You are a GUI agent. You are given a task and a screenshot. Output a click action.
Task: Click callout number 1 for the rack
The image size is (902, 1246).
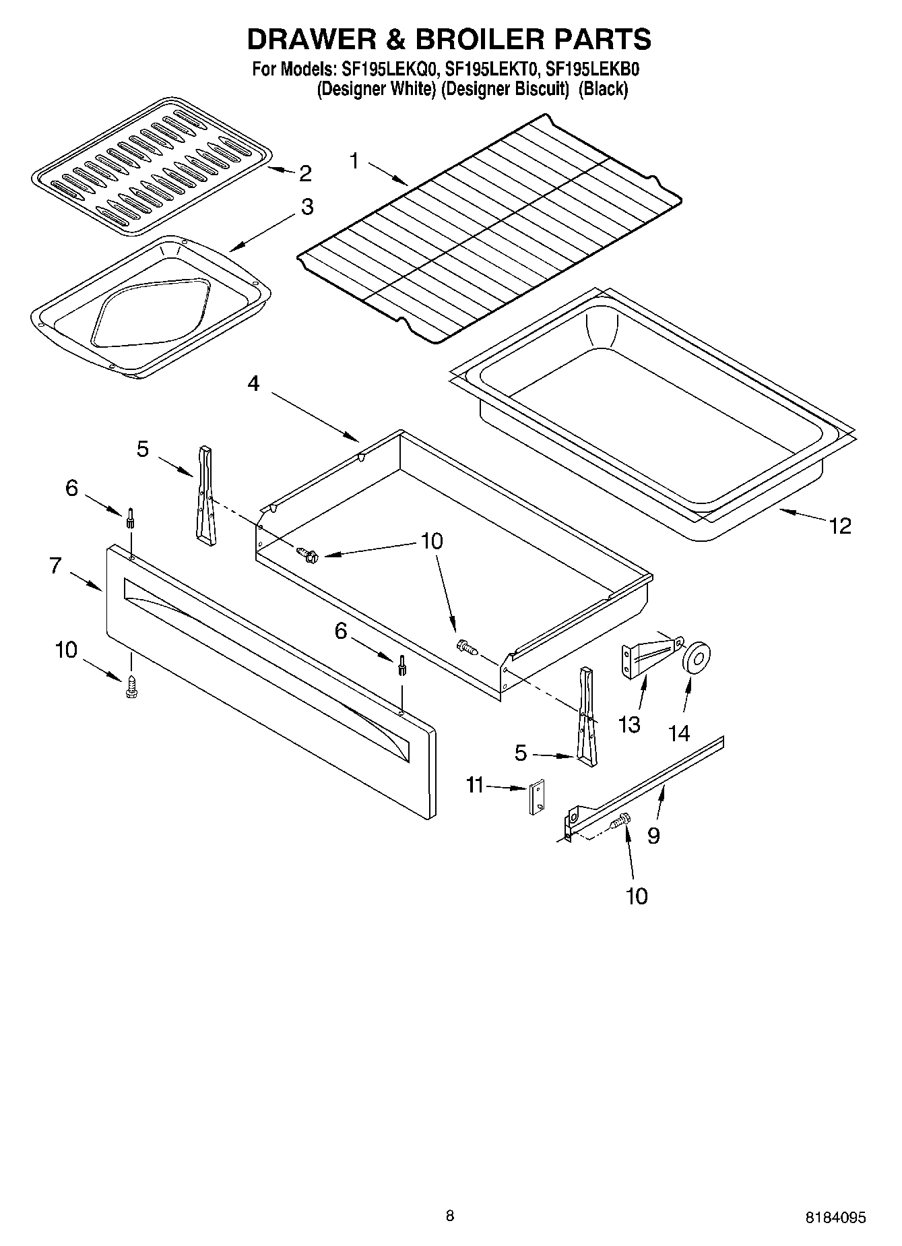click(355, 161)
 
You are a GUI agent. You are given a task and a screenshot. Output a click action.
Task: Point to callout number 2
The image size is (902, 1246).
click(305, 174)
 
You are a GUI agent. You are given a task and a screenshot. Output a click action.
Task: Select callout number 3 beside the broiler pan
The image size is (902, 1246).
click(307, 206)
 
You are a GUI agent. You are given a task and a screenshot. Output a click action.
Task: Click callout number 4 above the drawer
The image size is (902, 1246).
click(253, 383)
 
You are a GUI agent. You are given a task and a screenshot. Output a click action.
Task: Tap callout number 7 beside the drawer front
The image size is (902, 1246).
click(55, 565)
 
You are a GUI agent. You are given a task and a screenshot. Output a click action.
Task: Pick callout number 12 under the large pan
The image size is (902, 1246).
click(840, 526)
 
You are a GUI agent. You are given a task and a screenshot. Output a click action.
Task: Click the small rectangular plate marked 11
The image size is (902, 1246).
click(537, 798)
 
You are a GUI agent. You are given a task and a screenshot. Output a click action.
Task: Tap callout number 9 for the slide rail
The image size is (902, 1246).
click(653, 836)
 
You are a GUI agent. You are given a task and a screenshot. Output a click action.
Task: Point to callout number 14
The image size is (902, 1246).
click(679, 733)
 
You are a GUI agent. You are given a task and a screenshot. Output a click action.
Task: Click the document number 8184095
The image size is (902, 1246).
click(835, 1217)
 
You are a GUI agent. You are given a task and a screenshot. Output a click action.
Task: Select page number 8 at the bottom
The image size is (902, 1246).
click(450, 1216)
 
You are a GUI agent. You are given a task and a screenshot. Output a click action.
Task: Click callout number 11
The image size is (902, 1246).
click(476, 785)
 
